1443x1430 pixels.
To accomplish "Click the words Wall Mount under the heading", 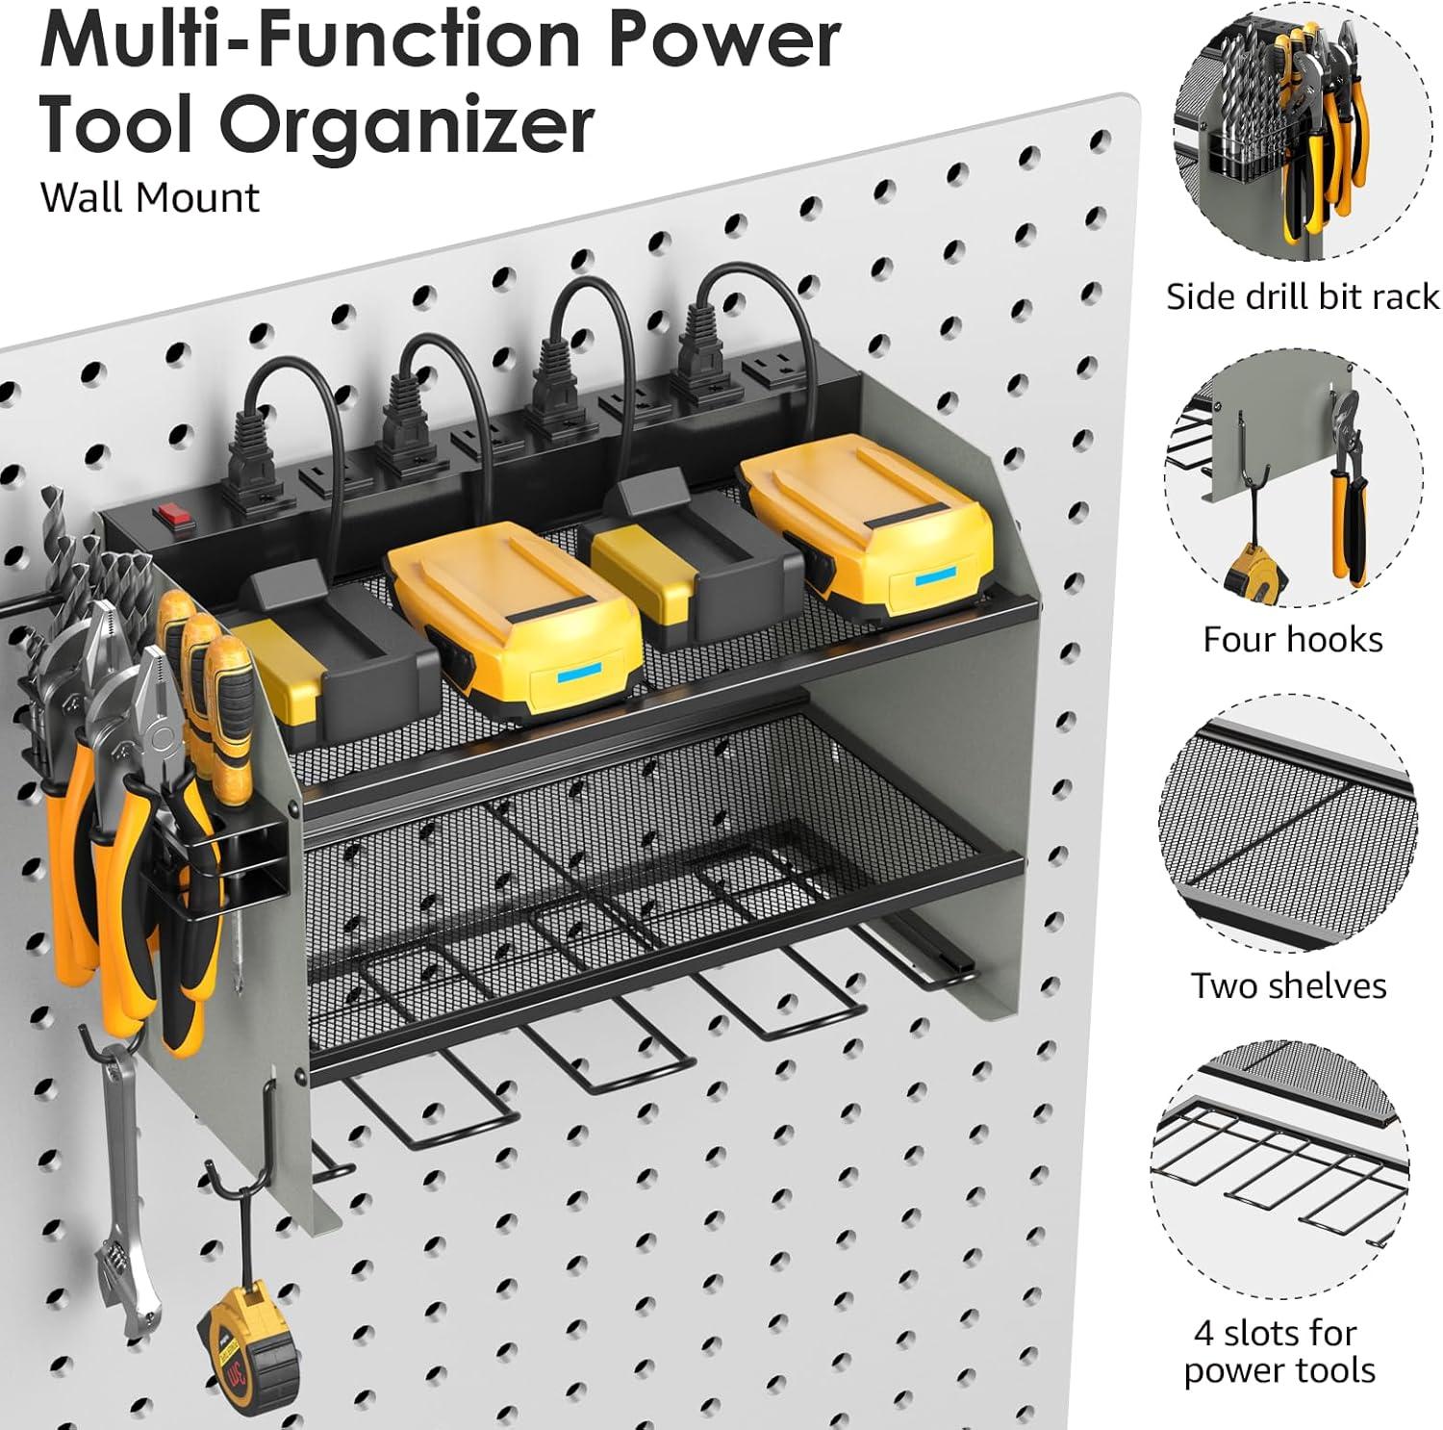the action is (x=150, y=197).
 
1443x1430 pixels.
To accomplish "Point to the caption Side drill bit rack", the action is (x=1303, y=296).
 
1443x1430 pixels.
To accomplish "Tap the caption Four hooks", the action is (x=1293, y=639).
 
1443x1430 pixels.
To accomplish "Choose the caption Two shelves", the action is (x=1289, y=985).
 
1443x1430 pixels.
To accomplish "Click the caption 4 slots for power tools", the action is (x=1278, y=1351).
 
